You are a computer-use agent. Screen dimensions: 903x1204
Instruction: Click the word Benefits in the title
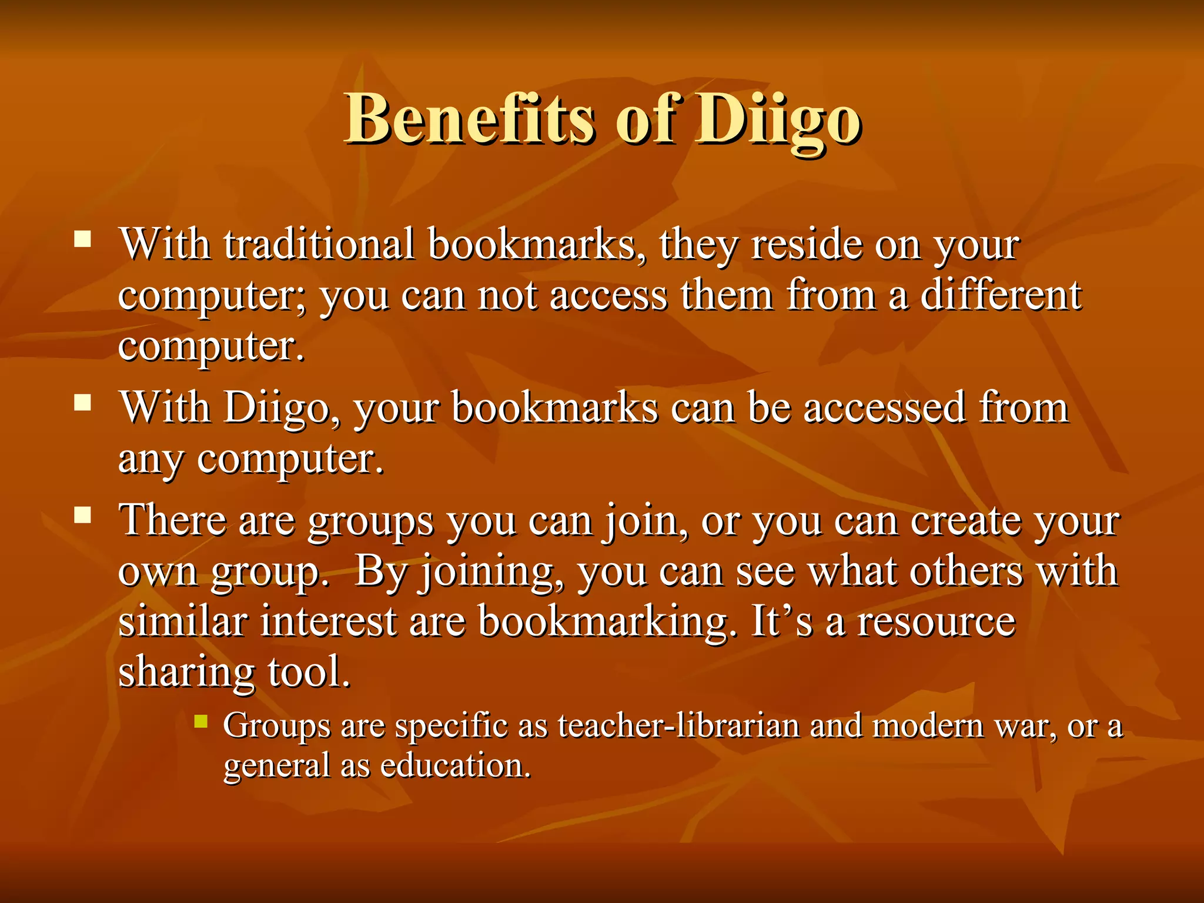point(469,119)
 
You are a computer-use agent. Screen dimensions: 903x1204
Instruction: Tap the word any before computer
point(151,460)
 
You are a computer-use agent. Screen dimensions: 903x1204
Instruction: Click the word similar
point(183,621)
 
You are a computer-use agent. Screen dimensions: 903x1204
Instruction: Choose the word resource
point(937,622)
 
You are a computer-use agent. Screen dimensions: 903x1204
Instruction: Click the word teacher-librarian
point(678,725)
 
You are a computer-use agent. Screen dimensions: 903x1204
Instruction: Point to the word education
point(456,765)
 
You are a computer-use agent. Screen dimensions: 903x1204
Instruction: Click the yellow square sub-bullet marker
point(201,721)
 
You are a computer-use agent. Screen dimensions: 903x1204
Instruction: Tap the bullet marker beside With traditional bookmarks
point(83,239)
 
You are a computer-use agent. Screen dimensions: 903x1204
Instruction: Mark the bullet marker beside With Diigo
point(83,403)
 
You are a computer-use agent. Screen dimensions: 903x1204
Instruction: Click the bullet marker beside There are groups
point(83,516)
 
